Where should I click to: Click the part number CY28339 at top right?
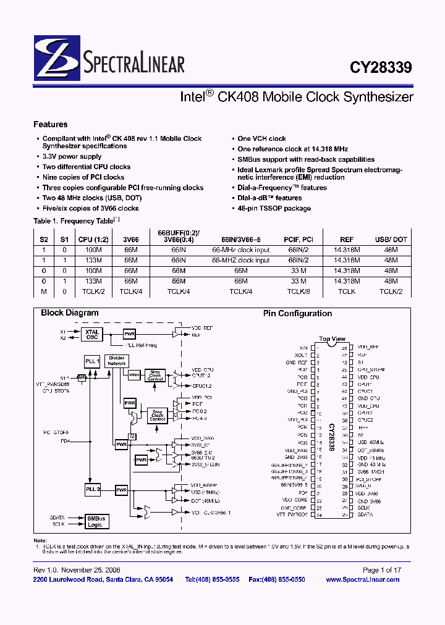click(x=384, y=67)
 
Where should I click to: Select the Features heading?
click(x=50, y=124)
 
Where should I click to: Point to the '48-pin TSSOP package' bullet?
click(x=274, y=208)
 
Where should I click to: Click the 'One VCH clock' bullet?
click(x=261, y=139)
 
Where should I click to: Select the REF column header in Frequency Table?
click(x=347, y=239)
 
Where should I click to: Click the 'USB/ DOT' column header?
click(x=391, y=239)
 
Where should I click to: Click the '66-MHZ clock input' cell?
click(x=240, y=261)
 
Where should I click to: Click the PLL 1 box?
click(x=91, y=361)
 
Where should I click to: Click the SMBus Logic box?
click(x=95, y=521)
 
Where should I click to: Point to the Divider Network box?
click(x=116, y=361)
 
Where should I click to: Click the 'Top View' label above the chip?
click(x=332, y=339)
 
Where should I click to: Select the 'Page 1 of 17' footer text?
click(x=382, y=570)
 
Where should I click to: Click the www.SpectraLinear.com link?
click(x=363, y=580)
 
